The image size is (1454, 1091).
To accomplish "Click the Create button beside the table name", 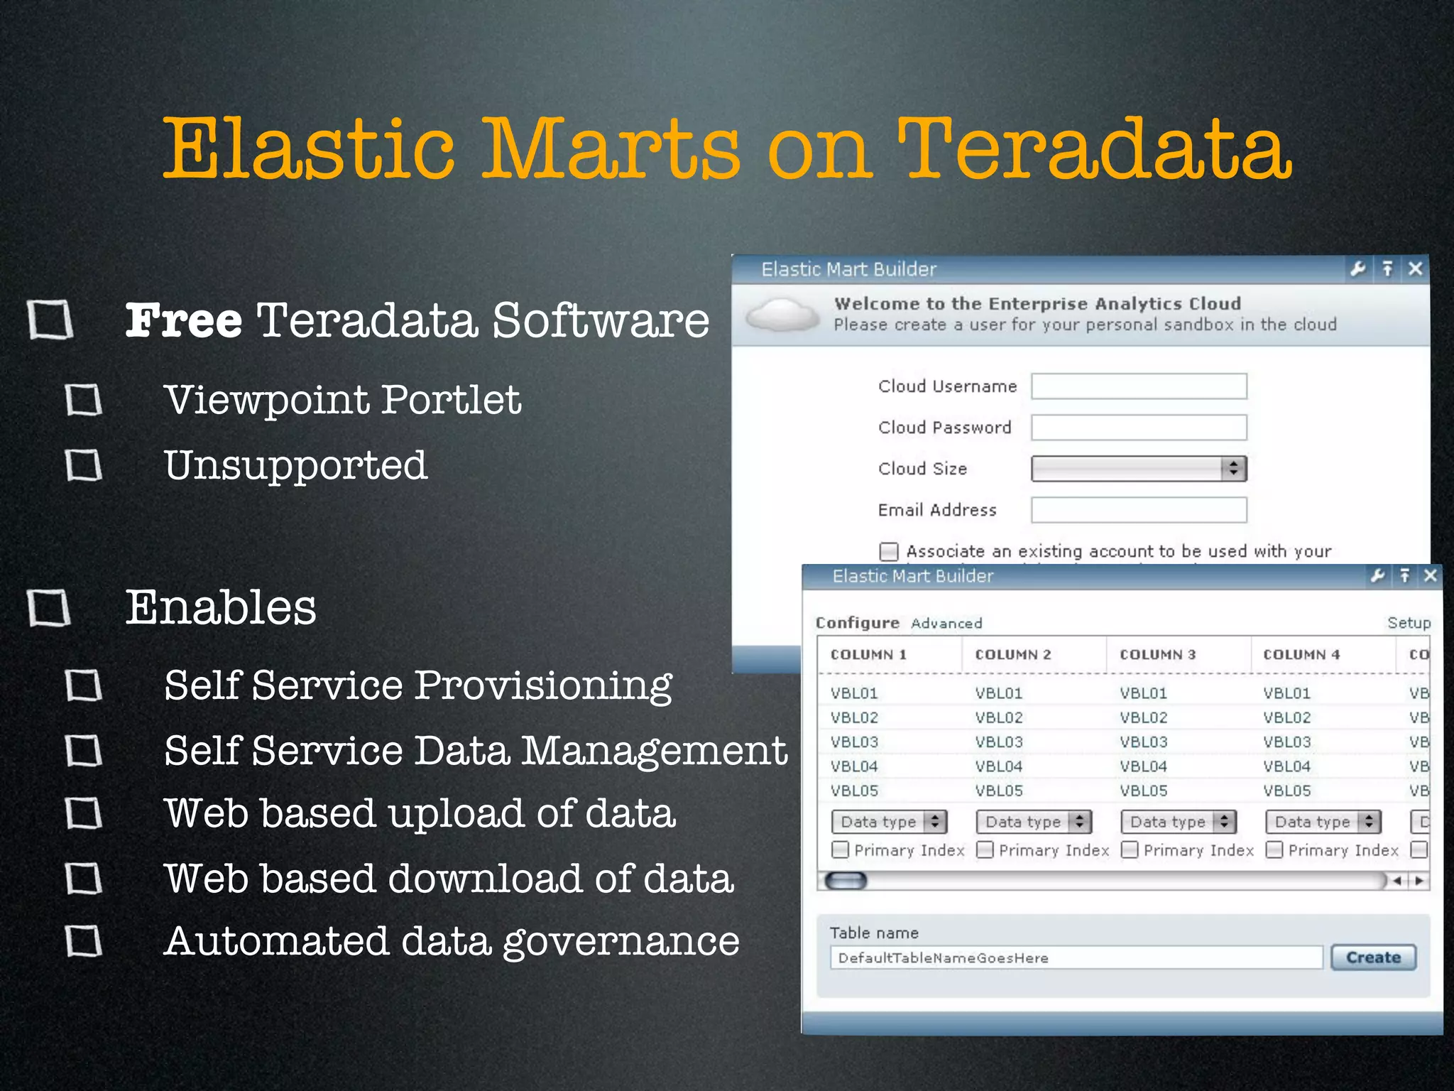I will click(1373, 957).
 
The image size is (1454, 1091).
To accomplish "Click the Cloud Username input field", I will click(1139, 386).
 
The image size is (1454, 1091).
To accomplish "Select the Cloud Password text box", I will click(1139, 428).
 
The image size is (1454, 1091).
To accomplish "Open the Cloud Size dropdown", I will click(1139, 469).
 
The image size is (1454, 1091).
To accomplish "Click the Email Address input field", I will click(1139, 510).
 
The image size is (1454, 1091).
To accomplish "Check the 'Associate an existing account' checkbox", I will click(889, 552).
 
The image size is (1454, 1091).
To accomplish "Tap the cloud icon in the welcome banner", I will click(783, 315).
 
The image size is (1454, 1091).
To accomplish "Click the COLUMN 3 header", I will click(1157, 655).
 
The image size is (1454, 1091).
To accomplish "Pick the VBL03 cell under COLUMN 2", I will click(999, 742).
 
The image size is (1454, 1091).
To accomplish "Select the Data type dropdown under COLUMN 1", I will click(890, 822).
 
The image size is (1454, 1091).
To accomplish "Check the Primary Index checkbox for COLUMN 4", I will click(1275, 850).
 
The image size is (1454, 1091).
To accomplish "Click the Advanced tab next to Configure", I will click(946, 624).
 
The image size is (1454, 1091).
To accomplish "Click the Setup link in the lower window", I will click(1409, 623).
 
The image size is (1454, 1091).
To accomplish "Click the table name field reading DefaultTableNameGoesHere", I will click(1076, 958).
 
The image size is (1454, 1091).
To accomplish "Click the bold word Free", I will click(184, 320).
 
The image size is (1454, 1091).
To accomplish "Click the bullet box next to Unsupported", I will click(84, 466).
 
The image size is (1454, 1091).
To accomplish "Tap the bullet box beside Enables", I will click(50, 608).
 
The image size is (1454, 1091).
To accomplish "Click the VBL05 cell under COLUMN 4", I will click(1286, 791).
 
